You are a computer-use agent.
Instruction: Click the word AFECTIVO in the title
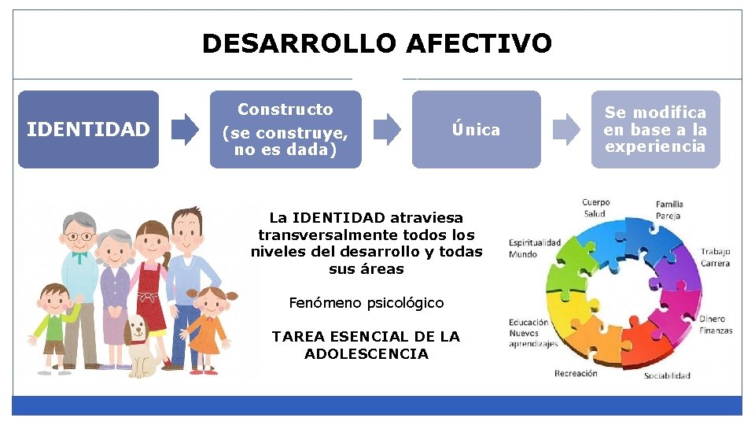click(x=479, y=43)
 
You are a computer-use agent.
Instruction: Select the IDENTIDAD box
click(x=88, y=129)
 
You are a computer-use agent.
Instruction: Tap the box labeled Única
click(x=476, y=129)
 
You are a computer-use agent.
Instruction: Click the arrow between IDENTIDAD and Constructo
click(x=186, y=129)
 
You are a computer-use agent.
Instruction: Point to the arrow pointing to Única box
click(x=387, y=129)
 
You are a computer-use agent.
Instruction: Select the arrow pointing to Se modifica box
click(x=567, y=129)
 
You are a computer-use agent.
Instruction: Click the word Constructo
click(x=285, y=109)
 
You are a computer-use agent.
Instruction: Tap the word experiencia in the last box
click(x=655, y=147)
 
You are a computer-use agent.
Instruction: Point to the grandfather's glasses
click(x=79, y=235)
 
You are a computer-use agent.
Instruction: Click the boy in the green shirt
click(x=53, y=323)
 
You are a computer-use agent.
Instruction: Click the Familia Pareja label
click(x=669, y=210)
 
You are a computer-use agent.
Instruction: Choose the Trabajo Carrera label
click(x=715, y=257)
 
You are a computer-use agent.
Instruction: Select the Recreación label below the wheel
click(x=576, y=373)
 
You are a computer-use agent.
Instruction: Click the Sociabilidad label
click(x=667, y=375)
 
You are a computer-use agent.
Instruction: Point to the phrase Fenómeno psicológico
click(x=366, y=303)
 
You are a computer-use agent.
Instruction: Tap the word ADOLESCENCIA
click(x=366, y=354)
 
